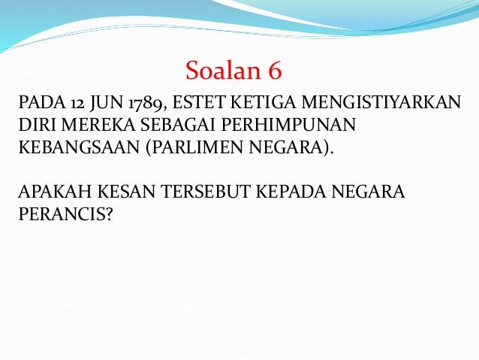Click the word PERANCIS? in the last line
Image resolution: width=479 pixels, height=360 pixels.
64,213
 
